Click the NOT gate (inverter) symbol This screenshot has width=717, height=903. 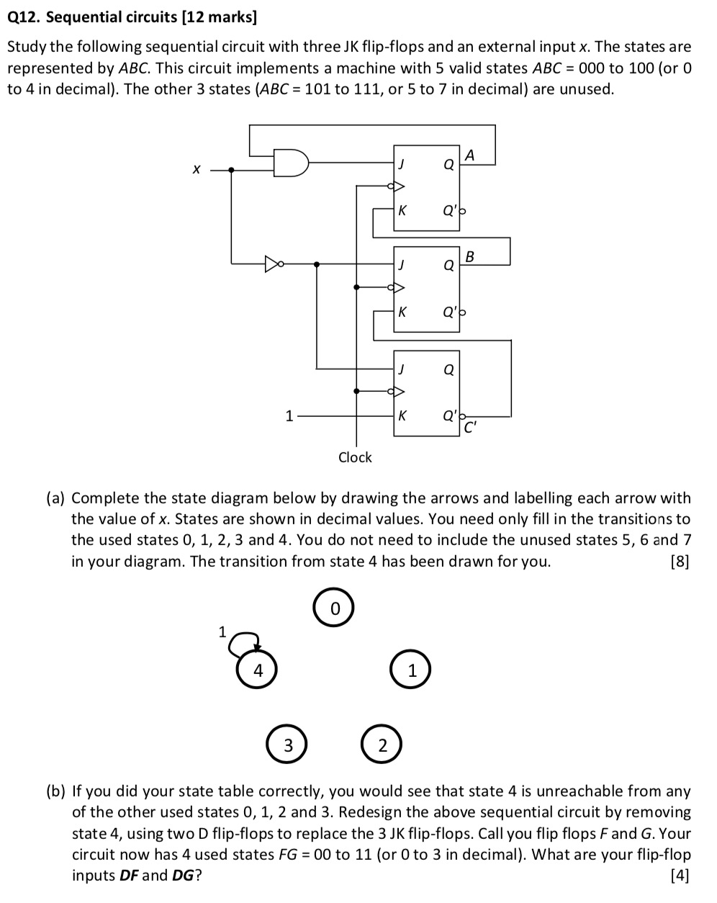pos(273,264)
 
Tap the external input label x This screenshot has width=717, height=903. pos(195,170)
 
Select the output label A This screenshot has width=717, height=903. pos(470,155)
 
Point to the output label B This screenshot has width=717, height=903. pos(470,256)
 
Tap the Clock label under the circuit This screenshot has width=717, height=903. pos(355,457)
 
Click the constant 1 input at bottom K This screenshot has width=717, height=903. pos(289,415)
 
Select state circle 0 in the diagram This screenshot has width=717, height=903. pos(334,609)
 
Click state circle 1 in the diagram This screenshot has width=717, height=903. pos(411,670)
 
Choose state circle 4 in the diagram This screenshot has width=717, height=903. pos(257,670)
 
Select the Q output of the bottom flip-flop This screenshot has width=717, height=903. pos(448,370)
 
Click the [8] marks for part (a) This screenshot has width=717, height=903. pos(679,562)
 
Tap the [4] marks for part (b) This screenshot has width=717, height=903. pos(679,876)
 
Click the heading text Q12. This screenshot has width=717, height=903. pos(24,17)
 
